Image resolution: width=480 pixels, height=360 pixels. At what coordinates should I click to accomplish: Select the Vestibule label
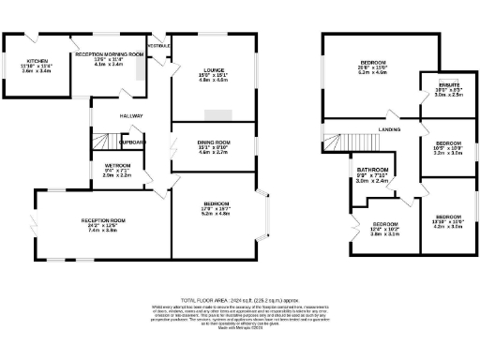pyautogui.click(x=158, y=44)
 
